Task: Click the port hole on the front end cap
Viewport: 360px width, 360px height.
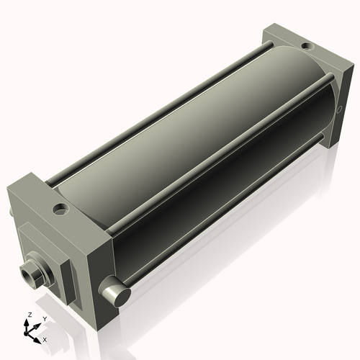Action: (x=61, y=210)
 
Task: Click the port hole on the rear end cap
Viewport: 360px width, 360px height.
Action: (x=307, y=47)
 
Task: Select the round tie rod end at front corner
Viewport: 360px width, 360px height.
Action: (x=116, y=292)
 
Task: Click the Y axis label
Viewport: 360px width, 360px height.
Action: (x=44, y=318)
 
